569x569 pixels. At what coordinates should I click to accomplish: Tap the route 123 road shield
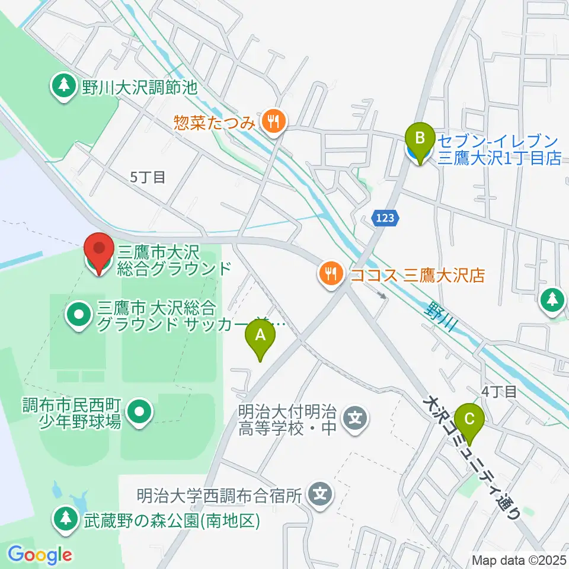click(384, 219)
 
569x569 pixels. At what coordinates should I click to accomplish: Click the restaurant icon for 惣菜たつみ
click(273, 122)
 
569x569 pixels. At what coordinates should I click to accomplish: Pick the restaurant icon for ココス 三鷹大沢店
click(330, 274)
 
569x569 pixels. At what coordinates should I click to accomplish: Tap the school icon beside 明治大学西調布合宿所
click(321, 493)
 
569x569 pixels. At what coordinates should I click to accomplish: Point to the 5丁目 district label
click(148, 177)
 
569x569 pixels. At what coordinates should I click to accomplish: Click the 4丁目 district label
click(499, 391)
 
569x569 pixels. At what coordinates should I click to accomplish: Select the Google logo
click(40, 555)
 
